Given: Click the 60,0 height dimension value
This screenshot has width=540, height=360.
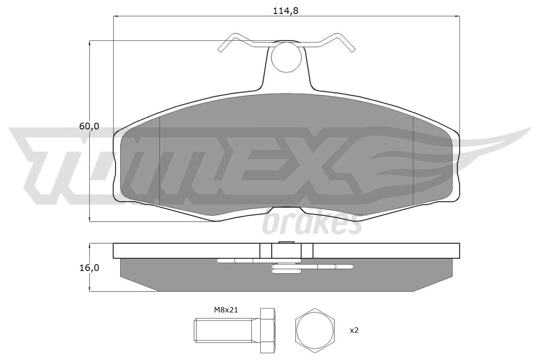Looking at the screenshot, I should click(x=89, y=127).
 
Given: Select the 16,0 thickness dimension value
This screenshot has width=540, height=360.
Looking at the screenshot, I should click(x=89, y=268).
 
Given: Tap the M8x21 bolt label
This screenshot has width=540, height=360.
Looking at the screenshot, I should click(x=226, y=310).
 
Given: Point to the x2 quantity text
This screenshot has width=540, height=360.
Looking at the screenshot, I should click(x=354, y=330).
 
